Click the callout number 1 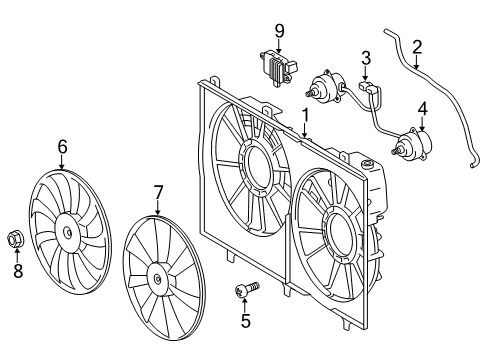[x=305, y=115]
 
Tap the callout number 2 [x=417, y=47]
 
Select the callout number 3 [x=366, y=58]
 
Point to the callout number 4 [x=423, y=109]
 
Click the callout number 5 [x=245, y=321]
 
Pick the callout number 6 [x=62, y=147]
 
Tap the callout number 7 [x=158, y=192]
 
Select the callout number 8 [x=18, y=270]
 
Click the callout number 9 [x=279, y=31]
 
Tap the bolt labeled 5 [x=247, y=288]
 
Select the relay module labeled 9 [x=278, y=68]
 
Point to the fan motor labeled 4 [x=412, y=145]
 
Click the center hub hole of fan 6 [x=68, y=232]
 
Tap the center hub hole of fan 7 [x=157, y=279]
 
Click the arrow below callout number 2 [x=416, y=62]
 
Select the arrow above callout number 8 [x=17, y=255]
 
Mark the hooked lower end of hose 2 [x=475, y=163]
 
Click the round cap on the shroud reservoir [x=368, y=164]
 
